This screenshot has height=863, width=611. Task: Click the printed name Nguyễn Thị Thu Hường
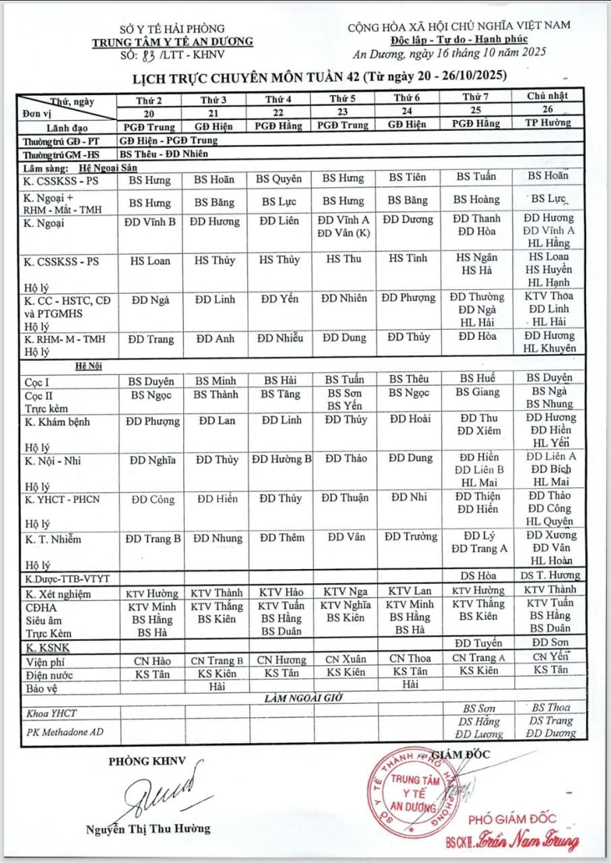click(148, 829)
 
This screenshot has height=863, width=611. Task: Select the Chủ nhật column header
click(548, 96)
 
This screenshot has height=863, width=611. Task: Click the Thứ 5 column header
click(343, 98)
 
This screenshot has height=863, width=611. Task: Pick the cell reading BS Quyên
click(279, 179)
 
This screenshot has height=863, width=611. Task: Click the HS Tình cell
click(407, 259)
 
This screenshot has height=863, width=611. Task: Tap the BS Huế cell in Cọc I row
click(478, 379)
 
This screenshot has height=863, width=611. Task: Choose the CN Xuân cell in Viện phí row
click(343, 659)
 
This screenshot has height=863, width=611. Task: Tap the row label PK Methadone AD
click(64, 731)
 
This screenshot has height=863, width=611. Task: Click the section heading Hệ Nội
click(88, 365)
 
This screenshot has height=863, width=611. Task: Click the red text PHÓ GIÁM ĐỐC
click(512, 819)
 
